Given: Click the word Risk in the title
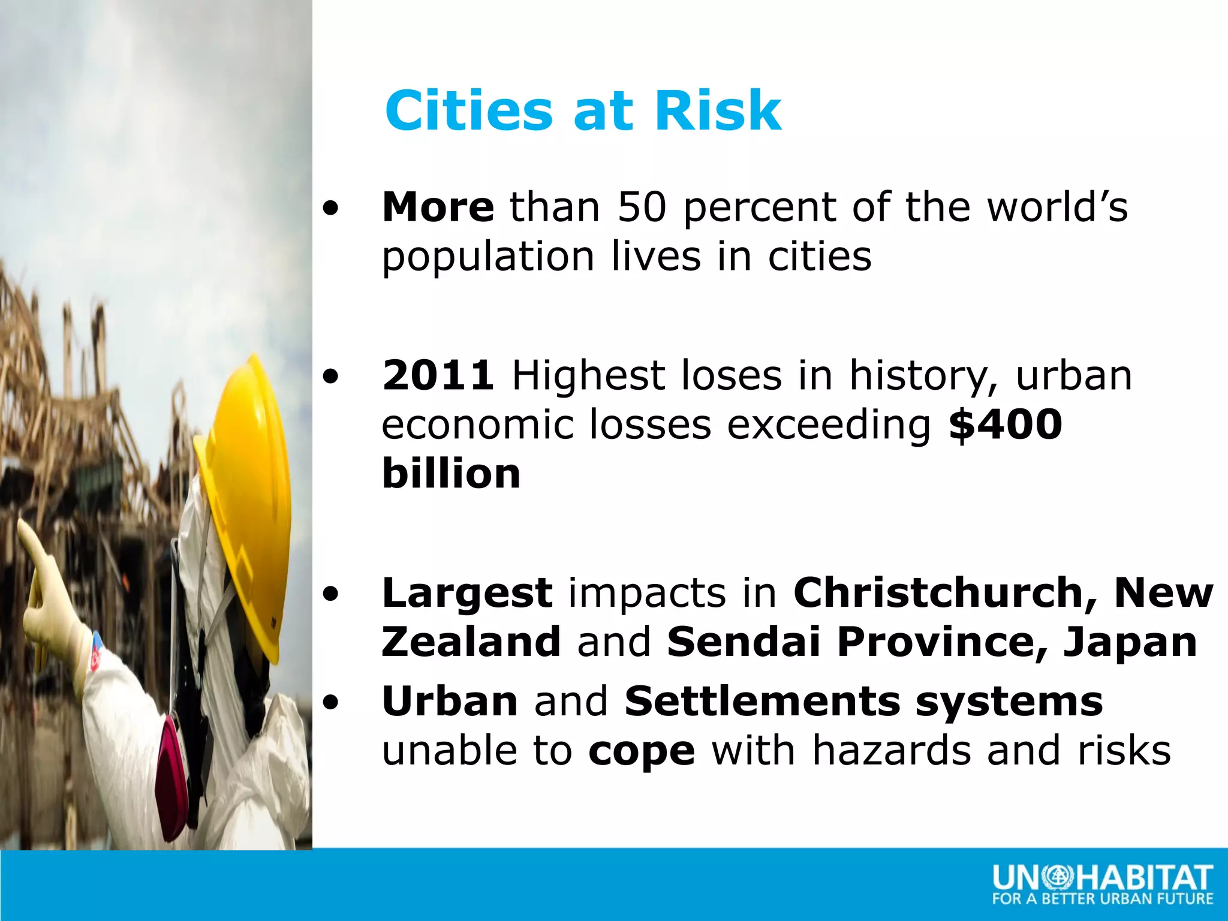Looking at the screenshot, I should (718, 111).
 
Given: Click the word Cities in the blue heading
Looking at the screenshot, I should (468, 111).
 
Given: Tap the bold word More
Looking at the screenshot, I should (438, 207).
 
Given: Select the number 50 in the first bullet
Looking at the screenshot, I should (642, 207).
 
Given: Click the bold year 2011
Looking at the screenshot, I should (438, 376).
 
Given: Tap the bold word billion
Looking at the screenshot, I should (451, 474).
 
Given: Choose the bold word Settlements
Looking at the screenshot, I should (762, 702).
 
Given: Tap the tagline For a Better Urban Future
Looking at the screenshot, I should (1102, 899).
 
